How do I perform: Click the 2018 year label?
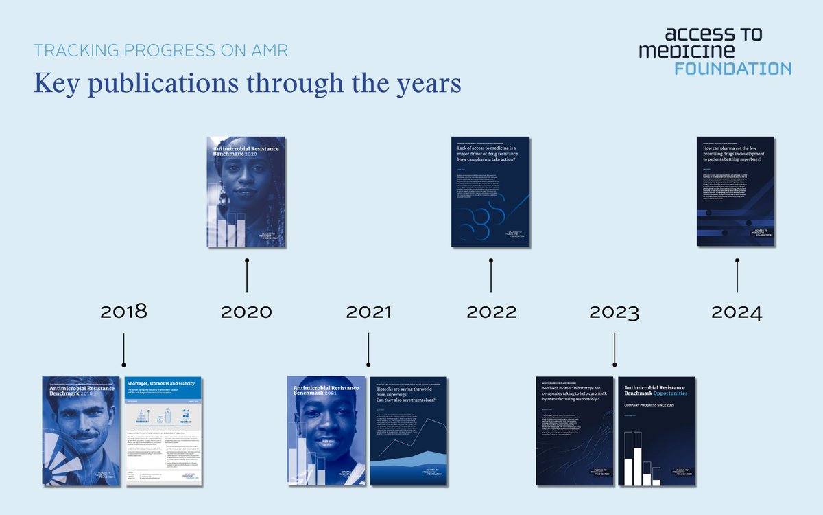click(123, 311)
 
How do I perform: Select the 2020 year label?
click(246, 311)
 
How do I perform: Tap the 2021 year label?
click(368, 311)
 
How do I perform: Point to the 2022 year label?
click(491, 311)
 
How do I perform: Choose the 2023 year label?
click(614, 311)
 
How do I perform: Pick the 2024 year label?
click(737, 311)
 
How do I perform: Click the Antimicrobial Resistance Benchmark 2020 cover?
click(246, 192)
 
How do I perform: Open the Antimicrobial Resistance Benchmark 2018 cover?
click(81, 431)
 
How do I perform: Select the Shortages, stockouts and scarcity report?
click(163, 431)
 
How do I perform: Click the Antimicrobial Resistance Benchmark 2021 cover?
click(326, 431)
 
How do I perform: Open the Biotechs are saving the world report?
click(409, 431)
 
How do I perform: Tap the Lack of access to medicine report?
click(491, 192)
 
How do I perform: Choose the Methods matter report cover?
click(574, 431)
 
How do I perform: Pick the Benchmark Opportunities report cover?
click(656, 431)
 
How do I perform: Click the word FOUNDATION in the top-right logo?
click(732, 68)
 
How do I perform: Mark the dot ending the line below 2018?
click(123, 365)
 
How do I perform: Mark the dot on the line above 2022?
click(491, 260)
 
